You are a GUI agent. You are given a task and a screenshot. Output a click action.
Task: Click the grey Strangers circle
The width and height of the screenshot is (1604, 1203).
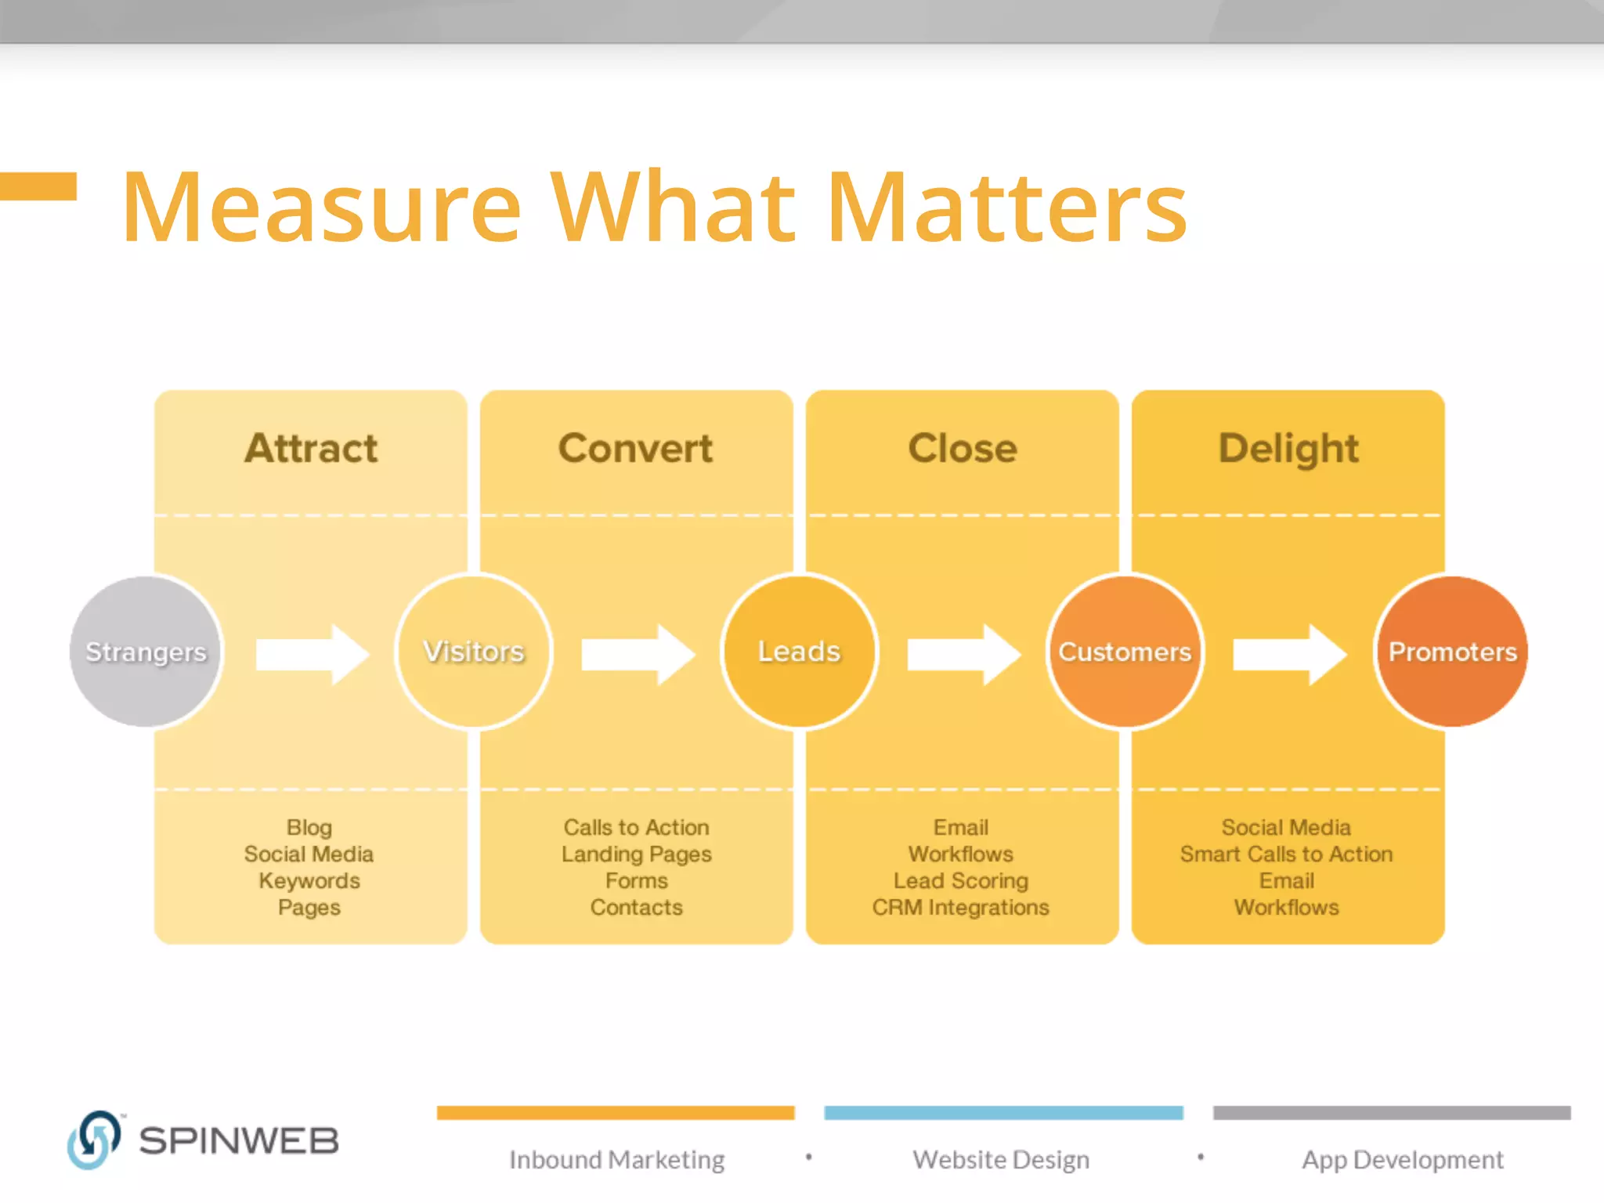[x=146, y=652]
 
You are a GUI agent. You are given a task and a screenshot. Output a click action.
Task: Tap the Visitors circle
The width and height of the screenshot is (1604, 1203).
[x=474, y=652]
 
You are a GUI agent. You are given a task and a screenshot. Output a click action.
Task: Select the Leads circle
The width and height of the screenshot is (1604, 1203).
[x=799, y=652]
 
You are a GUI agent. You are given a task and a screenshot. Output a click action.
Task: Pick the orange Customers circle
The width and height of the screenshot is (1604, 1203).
[x=1125, y=652]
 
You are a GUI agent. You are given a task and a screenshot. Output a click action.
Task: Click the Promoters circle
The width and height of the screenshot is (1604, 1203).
[x=1452, y=652]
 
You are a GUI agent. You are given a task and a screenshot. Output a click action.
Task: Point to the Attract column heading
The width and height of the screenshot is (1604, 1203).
[x=311, y=449]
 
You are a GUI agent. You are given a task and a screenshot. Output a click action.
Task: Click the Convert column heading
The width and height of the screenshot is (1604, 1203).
[x=635, y=449]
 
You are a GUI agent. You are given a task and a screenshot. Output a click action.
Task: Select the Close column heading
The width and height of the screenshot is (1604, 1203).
[x=963, y=449]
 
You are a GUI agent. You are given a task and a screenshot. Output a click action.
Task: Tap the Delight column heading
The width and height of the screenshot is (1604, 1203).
[x=1288, y=449]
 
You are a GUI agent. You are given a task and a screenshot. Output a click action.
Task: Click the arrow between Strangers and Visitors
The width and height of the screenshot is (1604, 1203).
[x=312, y=654]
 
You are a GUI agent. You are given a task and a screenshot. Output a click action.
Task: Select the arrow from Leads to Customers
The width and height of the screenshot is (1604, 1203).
[x=963, y=654]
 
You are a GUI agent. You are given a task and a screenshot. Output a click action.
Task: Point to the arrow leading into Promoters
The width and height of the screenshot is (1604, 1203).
[x=1289, y=654]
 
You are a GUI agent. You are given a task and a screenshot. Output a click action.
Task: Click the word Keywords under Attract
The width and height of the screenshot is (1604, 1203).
[x=309, y=881]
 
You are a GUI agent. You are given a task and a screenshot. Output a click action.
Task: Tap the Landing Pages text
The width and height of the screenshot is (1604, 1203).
[x=636, y=854]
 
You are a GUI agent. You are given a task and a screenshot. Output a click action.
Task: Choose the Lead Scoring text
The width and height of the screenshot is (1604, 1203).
[x=961, y=881]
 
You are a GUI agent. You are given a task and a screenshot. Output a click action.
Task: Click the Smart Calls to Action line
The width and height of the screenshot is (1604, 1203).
[x=1286, y=854]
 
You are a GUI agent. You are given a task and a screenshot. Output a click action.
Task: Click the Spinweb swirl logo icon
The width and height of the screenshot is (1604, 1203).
[x=94, y=1140]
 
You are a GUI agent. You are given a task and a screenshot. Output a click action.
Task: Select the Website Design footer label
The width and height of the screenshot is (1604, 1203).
[x=1001, y=1159]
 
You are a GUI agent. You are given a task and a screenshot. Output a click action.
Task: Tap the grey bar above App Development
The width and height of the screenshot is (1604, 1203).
[x=1392, y=1113]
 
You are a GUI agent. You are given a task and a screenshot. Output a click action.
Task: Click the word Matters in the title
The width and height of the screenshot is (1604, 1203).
[x=1007, y=208]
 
